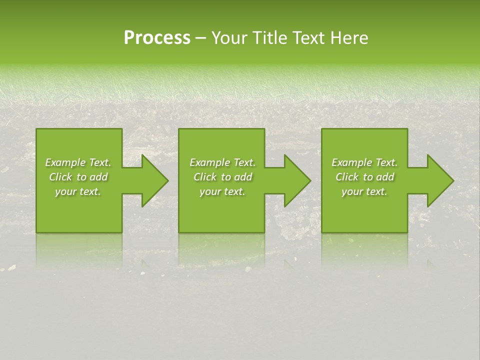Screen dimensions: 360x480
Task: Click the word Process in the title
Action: (x=157, y=38)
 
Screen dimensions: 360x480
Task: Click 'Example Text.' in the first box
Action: (x=78, y=162)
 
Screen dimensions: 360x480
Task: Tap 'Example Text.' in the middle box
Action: (x=222, y=162)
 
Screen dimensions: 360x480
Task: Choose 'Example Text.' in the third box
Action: (x=364, y=162)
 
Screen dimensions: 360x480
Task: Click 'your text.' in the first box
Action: (x=78, y=191)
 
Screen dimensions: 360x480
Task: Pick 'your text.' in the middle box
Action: (x=222, y=191)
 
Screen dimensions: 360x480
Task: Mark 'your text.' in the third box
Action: (x=364, y=191)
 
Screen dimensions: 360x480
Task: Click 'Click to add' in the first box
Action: (x=78, y=177)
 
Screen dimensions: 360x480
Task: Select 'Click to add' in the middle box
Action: (x=222, y=177)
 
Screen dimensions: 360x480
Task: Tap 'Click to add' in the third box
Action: (x=364, y=177)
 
